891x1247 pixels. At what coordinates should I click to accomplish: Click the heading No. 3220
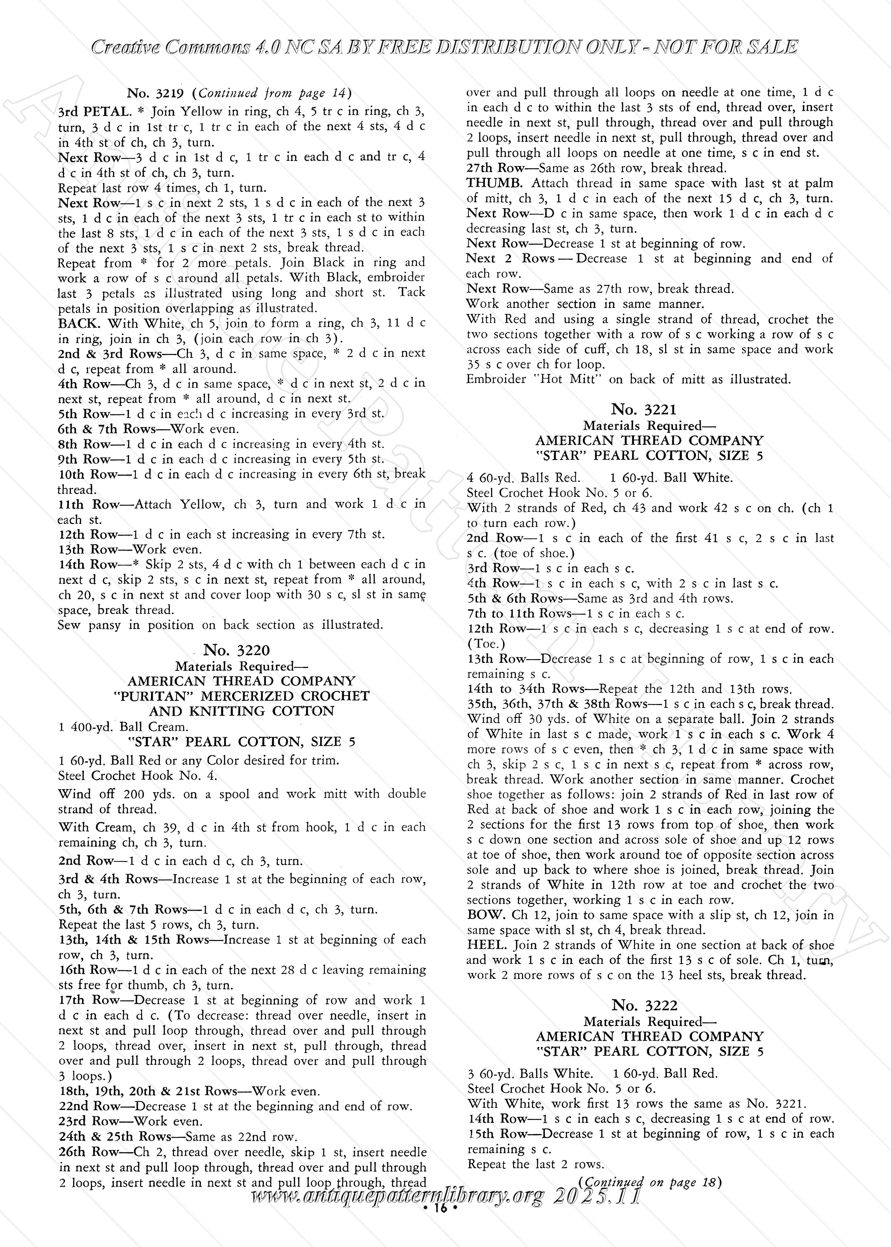click(236, 650)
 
